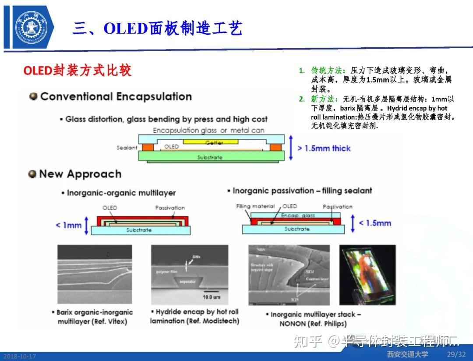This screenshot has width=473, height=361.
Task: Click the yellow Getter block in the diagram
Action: pos(211,142)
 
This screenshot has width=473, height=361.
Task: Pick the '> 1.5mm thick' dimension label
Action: pos(324,149)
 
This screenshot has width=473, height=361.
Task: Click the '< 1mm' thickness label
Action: pos(68,225)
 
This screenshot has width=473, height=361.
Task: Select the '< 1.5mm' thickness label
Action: pos(375,223)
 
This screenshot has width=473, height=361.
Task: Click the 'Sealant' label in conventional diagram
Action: pos(127,148)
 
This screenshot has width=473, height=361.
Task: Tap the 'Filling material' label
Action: pos(255,206)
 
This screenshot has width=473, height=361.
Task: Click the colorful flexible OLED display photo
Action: pos(367,275)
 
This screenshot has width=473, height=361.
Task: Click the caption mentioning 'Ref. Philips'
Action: pos(313,319)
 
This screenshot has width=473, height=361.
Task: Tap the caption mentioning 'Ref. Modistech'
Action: pos(194,316)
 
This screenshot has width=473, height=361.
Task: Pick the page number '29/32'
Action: pos(456,354)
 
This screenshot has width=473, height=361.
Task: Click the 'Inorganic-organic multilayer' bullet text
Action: pos(121,193)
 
